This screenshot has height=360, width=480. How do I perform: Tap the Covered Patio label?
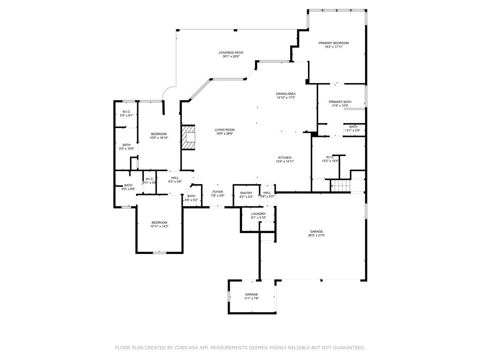[x=231, y=52]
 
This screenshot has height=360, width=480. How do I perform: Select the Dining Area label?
[x=286, y=94]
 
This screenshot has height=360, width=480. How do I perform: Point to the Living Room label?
[x=225, y=130]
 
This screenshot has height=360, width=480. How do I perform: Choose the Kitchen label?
[x=285, y=157]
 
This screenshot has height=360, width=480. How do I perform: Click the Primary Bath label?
[x=340, y=102]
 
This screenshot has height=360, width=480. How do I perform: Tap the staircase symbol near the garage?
[x=341, y=186]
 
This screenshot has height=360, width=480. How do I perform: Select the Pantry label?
[x=246, y=193]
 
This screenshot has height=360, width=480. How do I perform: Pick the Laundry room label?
[x=258, y=214]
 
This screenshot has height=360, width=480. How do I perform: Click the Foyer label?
[x=218, y=192]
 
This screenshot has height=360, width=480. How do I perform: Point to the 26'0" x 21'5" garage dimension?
[x=316, y=235]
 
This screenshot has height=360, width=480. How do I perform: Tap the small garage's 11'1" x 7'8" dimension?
[x=251, y=298]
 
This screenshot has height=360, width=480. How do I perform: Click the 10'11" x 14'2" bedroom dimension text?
[x=159, y=226]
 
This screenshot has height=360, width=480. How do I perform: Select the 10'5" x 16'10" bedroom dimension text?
[x=158, y=138]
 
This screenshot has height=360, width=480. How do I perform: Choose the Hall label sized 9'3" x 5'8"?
[x=175, y=178]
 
